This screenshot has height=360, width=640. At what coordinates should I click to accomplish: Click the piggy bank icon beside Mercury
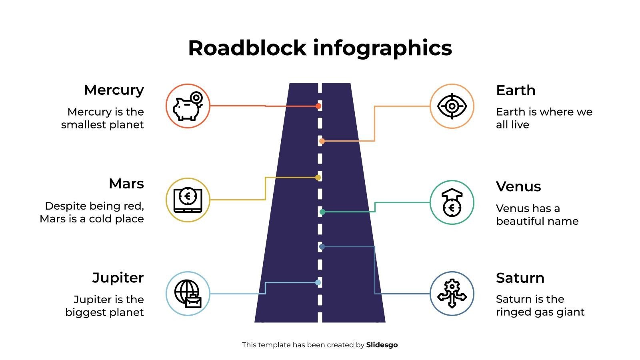(188, 106)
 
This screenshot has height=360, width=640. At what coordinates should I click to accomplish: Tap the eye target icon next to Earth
(452, 106)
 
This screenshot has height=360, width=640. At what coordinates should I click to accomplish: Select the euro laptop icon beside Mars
(188, 200)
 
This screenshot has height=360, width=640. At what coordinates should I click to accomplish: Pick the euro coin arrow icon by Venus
(452, 202)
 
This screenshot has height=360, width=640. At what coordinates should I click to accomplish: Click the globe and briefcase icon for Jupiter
(188, 294)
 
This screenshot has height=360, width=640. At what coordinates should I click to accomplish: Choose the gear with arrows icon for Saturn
(452, 294)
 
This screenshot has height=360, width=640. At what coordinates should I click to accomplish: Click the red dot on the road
(318, 106)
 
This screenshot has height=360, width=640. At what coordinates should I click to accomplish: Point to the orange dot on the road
(322, 141)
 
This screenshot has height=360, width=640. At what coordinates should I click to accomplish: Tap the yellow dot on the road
(318, 177)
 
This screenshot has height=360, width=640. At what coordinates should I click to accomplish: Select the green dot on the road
(322, 212)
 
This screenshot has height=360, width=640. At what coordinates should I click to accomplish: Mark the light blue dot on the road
(318, 282)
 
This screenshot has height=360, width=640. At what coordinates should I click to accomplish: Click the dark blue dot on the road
(322, 247)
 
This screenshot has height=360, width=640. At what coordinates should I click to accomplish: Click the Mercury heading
(114, 90)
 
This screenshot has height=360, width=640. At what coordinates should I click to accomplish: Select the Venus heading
(518, 186)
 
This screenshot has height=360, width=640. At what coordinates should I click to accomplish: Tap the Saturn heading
(520, 278)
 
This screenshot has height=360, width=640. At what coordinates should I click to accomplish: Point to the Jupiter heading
(118, 278)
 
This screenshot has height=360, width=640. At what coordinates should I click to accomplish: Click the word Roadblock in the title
(247, 48)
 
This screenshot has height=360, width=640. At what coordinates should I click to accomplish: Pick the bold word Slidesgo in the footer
(382, 345)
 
